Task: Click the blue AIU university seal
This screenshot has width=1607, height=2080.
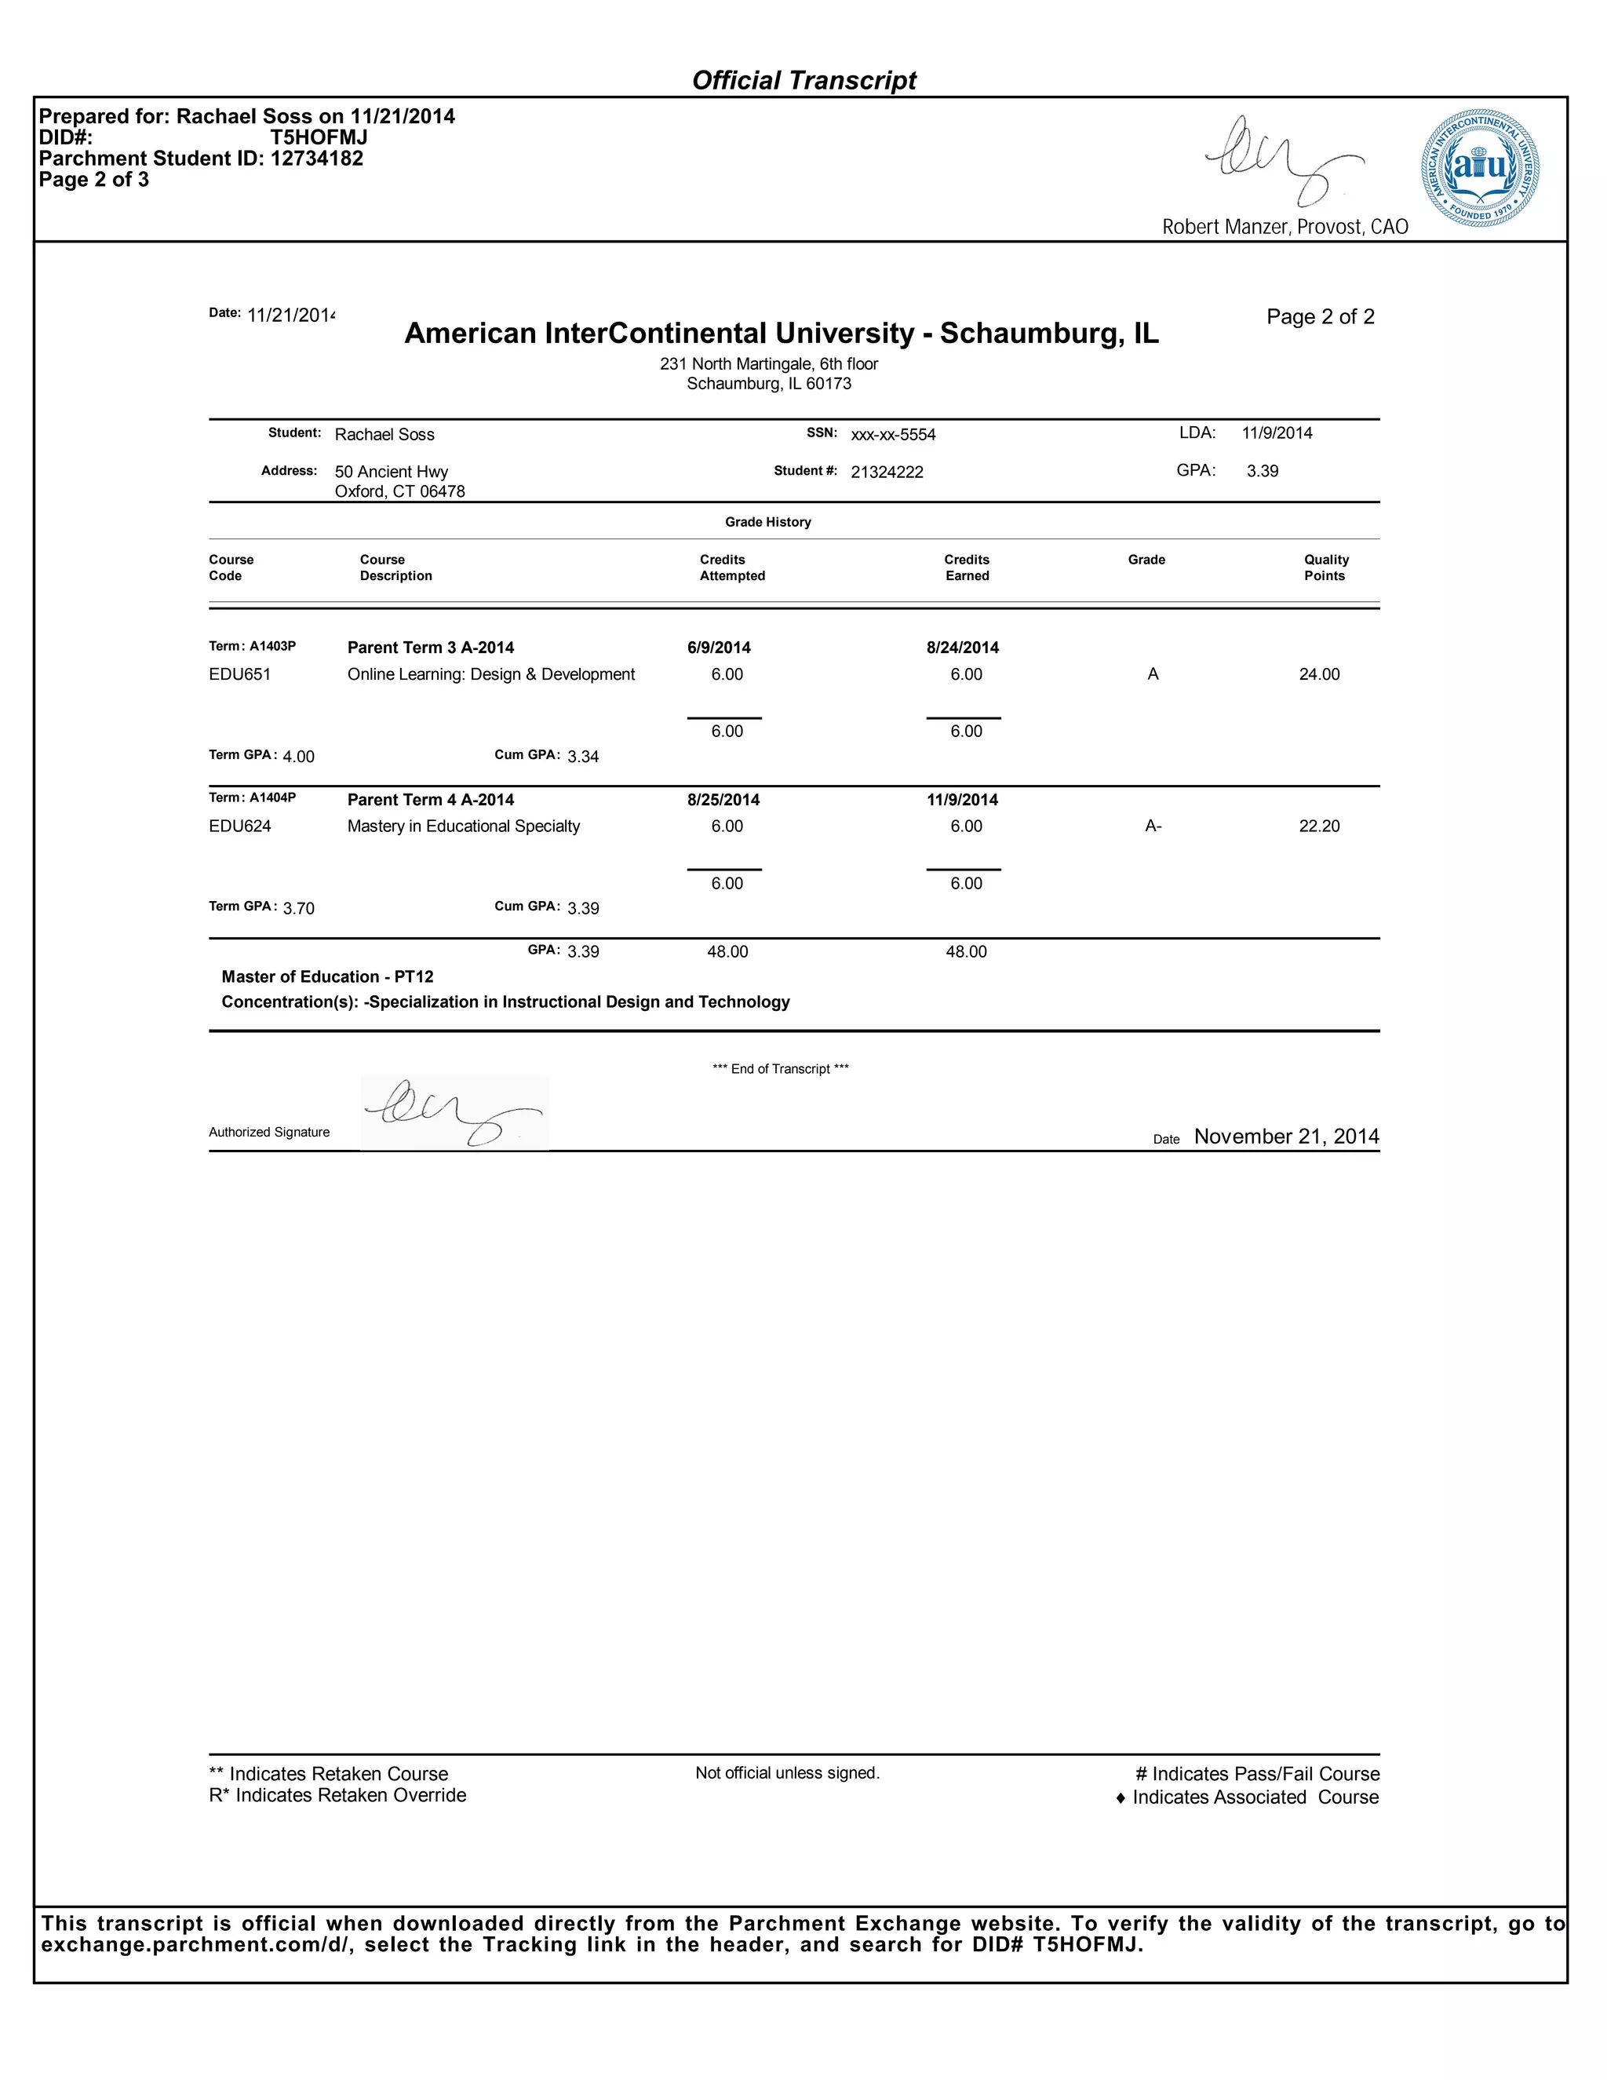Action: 1481,168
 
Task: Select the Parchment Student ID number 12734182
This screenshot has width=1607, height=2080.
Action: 316,159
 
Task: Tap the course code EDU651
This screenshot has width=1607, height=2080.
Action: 240,674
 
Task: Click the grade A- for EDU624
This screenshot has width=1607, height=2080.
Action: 1153,827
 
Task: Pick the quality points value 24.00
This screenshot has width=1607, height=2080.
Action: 1318,674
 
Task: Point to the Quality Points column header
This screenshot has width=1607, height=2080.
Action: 1325,567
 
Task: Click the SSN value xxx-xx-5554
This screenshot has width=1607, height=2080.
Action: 893,436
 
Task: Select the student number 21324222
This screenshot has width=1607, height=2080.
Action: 887,473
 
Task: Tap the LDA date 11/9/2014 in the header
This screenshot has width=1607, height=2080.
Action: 1277,433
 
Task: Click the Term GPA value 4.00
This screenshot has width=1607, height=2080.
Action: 298,757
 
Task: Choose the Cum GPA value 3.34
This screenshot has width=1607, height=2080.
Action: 583,757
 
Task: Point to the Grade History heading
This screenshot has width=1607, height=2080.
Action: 767,522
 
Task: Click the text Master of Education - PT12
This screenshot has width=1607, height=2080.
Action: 327,977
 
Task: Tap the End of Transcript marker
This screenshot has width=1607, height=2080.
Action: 780,1070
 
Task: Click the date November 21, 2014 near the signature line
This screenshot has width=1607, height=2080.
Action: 1285,1137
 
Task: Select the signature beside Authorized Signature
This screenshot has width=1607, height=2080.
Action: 454,1112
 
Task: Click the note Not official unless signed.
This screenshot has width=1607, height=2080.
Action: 787,1773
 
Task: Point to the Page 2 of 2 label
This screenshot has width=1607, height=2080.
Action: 1320,317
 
